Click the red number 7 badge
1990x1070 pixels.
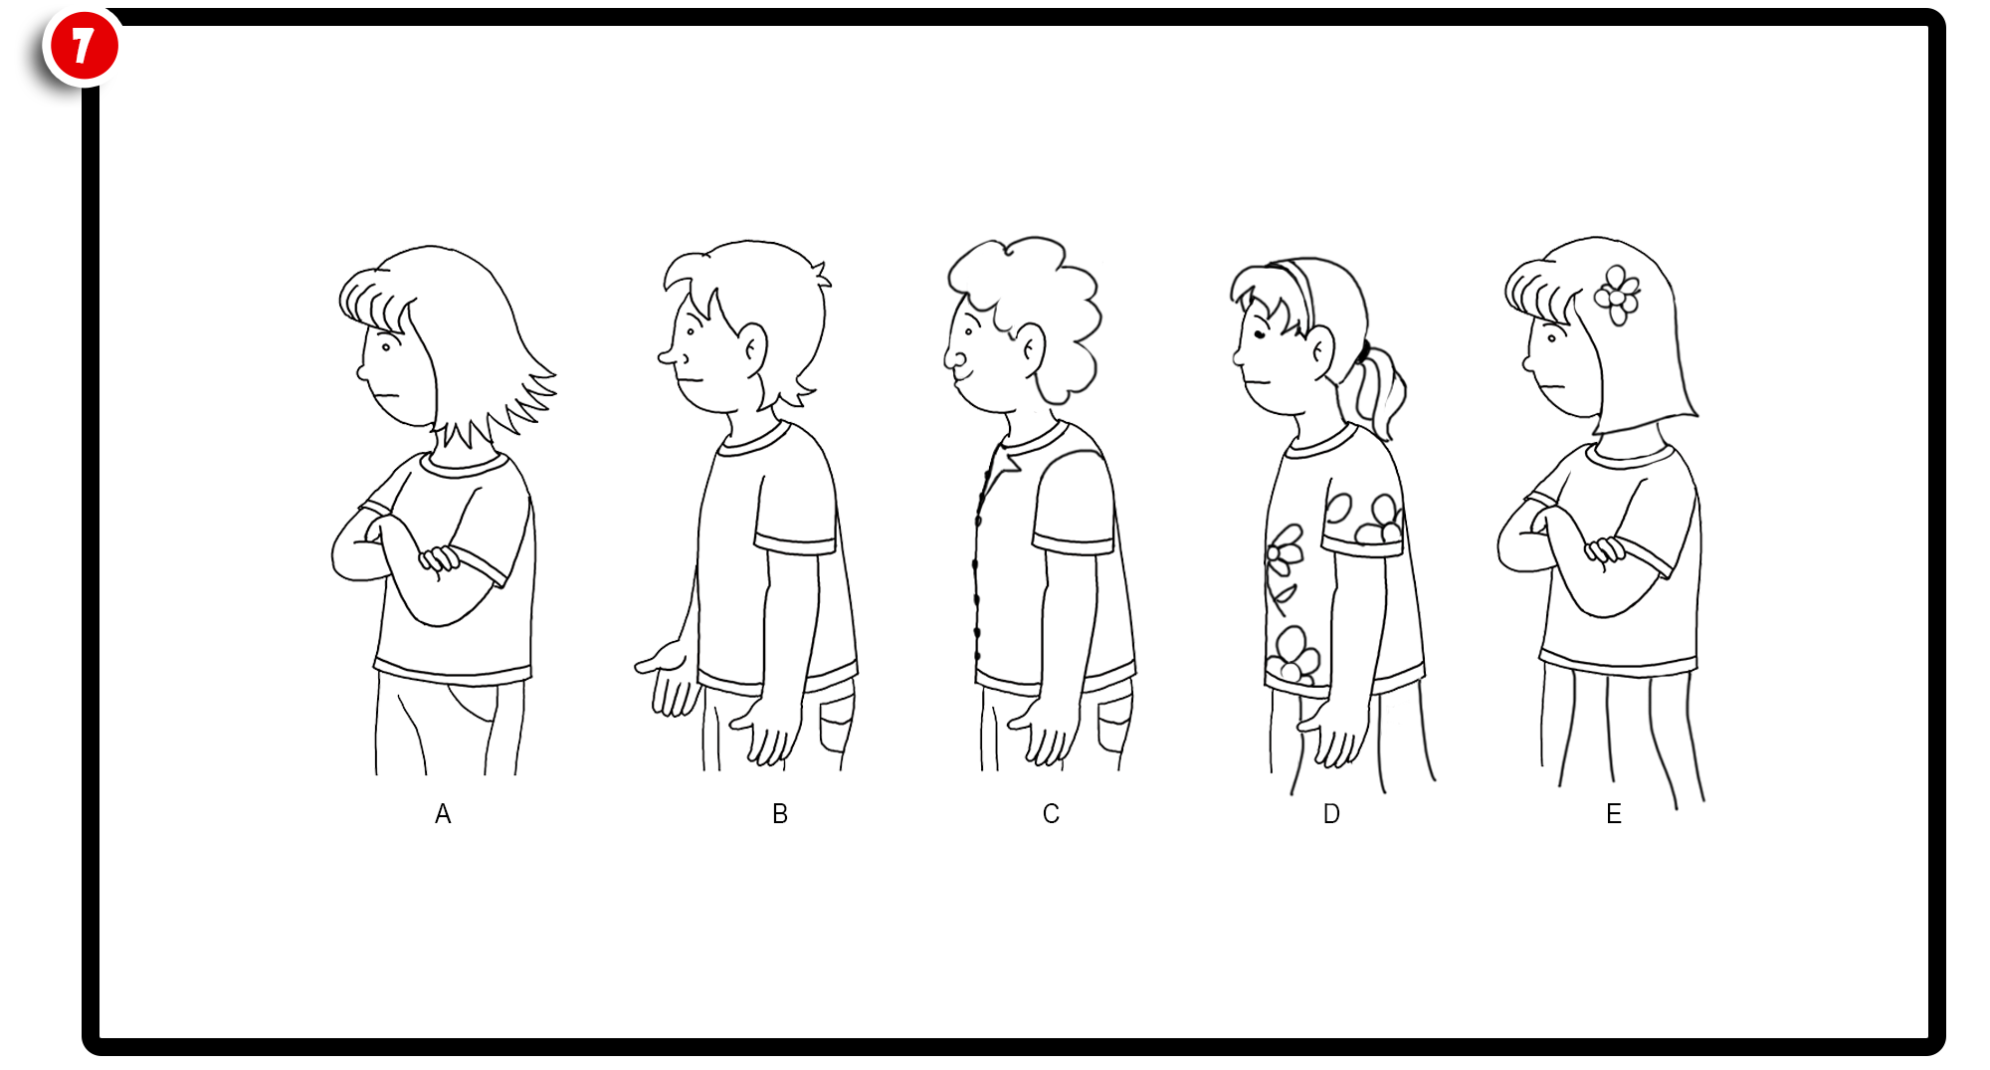tap(84, 46)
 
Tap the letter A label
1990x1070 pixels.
tap(443, 814)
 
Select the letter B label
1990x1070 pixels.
tap(780, 814)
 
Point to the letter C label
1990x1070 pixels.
tap(1051, 814)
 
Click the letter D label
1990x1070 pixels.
tap(1331, 814)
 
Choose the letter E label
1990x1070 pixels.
tap(1614, 814)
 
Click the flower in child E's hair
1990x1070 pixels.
tap(1617, 296)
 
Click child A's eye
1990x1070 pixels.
tap(386, 347)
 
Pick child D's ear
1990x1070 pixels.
tap(1321, 351)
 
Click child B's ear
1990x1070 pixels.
tap(752, 348)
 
